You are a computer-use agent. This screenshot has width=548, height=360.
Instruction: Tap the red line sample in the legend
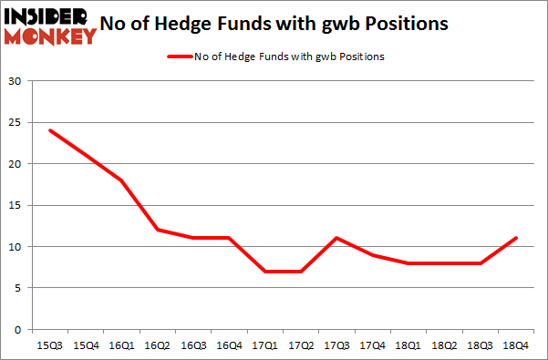(179, 57)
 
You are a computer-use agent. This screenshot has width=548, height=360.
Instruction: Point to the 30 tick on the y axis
(15, 82)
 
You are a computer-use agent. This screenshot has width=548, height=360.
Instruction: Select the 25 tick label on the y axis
(15, 123)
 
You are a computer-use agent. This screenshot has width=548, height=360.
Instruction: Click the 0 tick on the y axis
(18, 329)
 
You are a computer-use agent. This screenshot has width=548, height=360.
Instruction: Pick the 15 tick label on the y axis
(15, 206)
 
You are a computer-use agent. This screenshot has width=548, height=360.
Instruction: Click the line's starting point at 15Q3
(50, 130)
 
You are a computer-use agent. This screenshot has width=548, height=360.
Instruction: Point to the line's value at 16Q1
(122, 180)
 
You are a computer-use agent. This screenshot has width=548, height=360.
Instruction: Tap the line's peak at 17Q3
(336, 238)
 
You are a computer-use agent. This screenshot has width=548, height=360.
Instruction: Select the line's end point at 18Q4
(516, 238)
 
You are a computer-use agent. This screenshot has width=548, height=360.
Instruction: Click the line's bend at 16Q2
(158, 230)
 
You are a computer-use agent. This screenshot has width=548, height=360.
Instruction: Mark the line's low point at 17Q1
(265, 271)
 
